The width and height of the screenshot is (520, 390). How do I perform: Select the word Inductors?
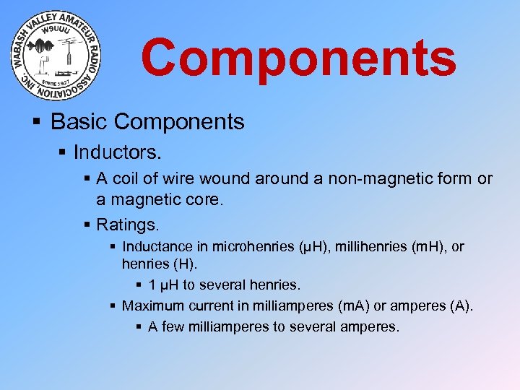tap(118, 153)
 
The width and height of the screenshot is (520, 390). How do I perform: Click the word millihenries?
tap(368, 247)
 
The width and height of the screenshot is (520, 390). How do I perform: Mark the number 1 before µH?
tap(152, 285)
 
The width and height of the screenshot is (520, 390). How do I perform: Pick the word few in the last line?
tap(173, 326)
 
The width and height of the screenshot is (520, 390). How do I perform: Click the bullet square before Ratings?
tap(87, 223)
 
